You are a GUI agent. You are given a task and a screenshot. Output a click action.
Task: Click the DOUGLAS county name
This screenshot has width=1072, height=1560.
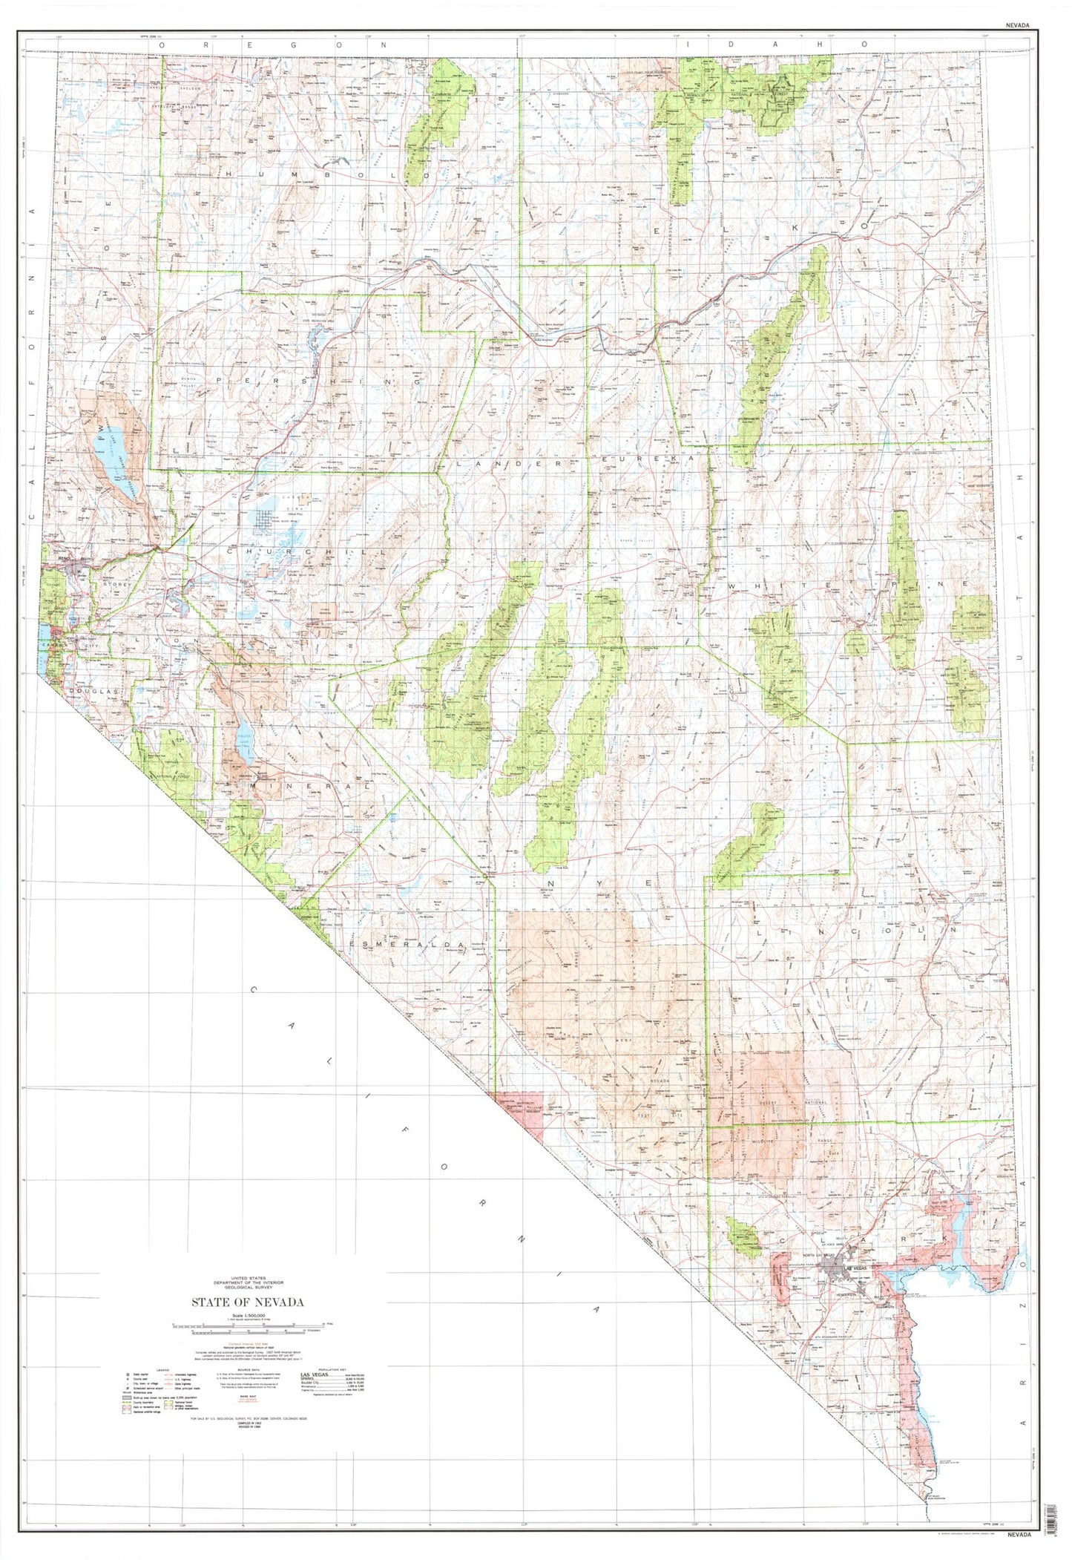click(93, 691)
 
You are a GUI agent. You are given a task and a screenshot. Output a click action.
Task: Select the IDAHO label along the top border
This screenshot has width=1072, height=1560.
click(776, 45)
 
